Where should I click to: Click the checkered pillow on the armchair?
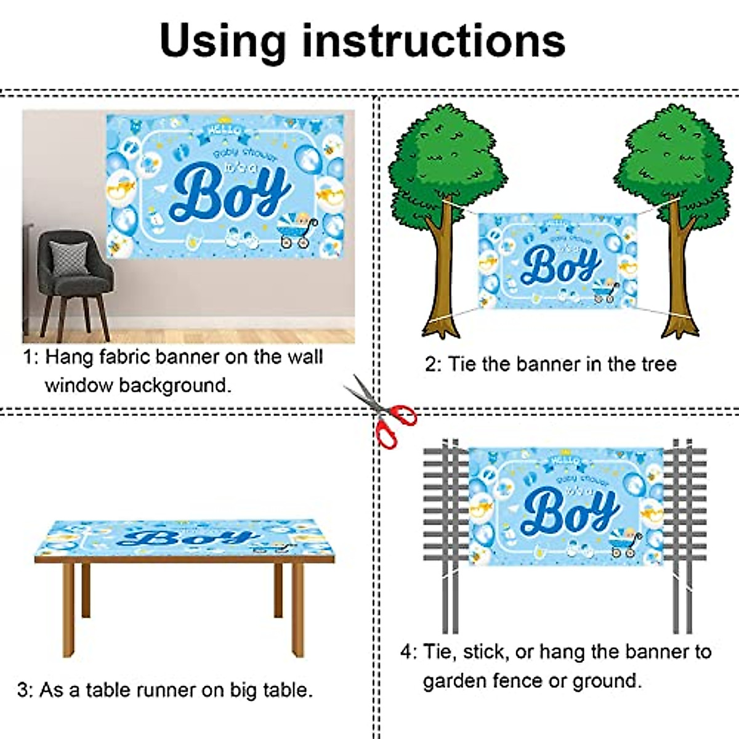click(x=68, y=258)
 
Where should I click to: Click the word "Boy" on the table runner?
click(x=185, y=538)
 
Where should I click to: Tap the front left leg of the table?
click(x=68, y=610)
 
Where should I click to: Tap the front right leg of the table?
click(x=297, y=610)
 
